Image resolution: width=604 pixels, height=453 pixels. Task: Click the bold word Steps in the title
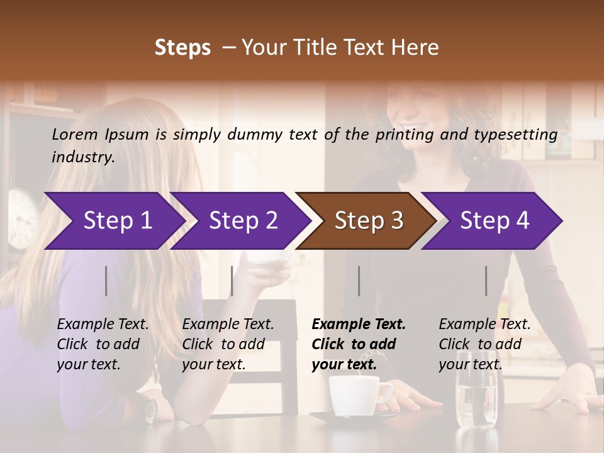pyautogui.click(x=182, y=48)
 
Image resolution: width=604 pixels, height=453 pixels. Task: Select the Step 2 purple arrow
pyautogui.click(x=243, y=221)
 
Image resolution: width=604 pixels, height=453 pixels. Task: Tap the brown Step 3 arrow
pyautogui.click(x=368, y=221)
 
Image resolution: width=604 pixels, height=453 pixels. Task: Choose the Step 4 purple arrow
pyautogui.click(x=495, y=221)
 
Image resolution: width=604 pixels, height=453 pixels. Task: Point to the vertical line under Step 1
pyautogui.click(x=106, y=281)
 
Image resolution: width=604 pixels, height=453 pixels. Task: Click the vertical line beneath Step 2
pyautogui.click(x=232, y=281)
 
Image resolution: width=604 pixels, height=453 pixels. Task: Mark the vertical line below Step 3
pyautogui.click(x=359, y=281)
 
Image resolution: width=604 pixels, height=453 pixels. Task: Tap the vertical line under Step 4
pyautogui.click(x=486, y=281)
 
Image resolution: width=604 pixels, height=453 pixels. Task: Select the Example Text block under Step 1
pyautogui.click(x=103, y=344)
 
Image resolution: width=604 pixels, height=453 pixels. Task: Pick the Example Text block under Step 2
pyautogui.click(x=228, y=344)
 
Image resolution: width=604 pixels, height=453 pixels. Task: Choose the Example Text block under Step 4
pyautogui.click(x=484, y=344)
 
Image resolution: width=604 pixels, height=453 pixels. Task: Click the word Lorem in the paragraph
pyautogui.click(x=75, y=134)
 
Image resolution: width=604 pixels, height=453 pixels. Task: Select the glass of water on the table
pyautogui.click(x=475, y=396)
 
